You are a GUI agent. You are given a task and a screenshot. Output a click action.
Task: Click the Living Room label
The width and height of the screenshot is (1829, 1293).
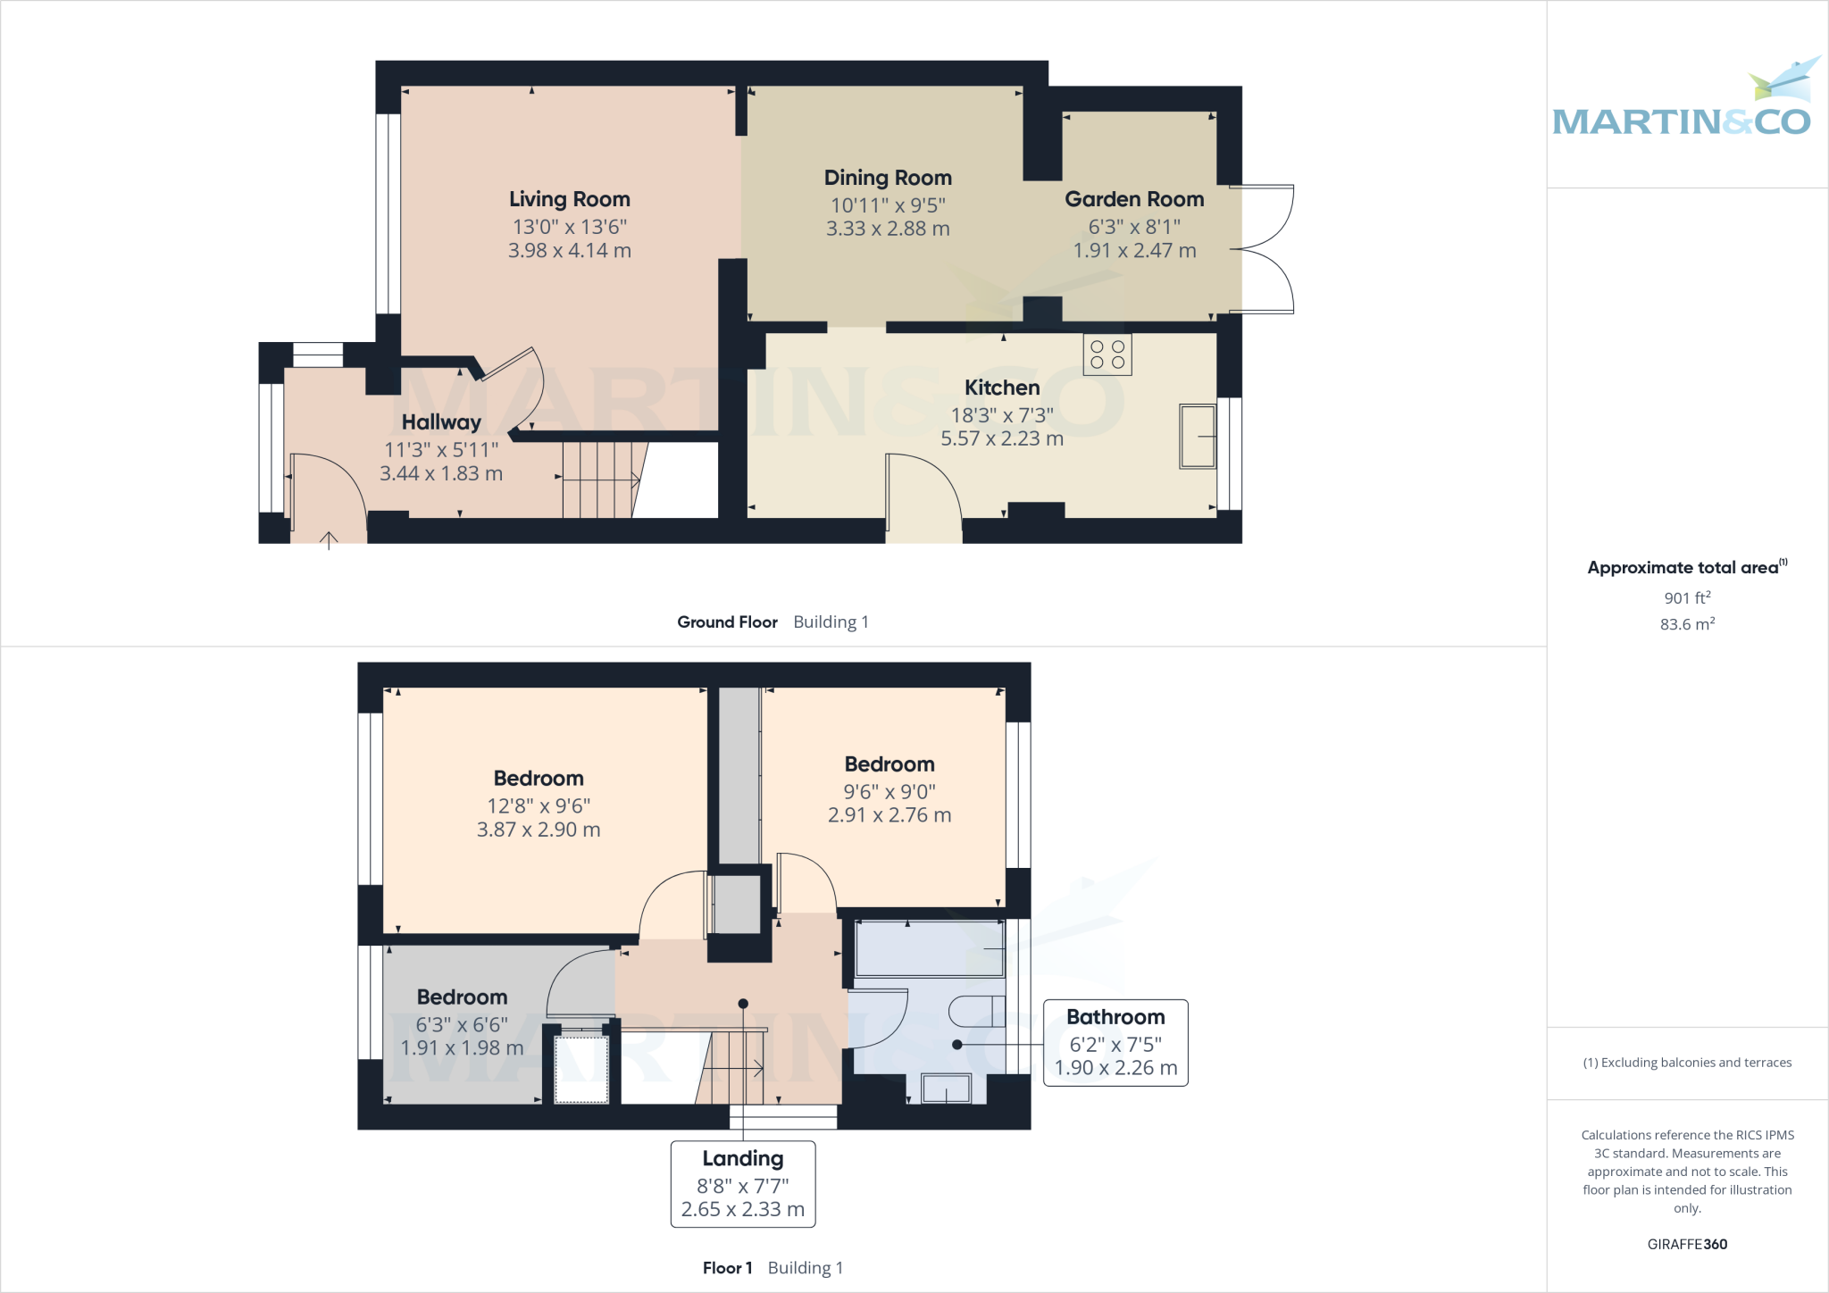[570, 199]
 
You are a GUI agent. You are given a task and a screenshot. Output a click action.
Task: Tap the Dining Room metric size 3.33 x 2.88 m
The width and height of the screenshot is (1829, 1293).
[888, 229]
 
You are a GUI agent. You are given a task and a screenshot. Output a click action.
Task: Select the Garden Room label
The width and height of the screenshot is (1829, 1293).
[1134, 199]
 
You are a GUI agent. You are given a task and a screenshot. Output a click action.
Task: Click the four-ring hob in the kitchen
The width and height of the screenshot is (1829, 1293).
[1107, 354]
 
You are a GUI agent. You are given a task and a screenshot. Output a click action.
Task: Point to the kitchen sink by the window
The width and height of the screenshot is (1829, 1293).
[1198, 436]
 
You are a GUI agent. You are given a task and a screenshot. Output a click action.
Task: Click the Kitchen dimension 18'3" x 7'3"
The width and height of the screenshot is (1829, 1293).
[1002, 415]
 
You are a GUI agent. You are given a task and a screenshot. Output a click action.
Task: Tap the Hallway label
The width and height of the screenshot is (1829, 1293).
[441, 422]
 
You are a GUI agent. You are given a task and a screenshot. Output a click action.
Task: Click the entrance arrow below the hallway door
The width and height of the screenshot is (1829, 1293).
[329, 539]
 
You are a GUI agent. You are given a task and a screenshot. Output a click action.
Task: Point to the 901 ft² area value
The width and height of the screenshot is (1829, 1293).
[1687, 597]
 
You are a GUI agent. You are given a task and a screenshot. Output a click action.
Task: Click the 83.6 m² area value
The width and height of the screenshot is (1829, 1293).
[1687, 624]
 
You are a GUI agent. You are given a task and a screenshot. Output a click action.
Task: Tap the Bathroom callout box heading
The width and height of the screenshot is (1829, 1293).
[1115, 1017]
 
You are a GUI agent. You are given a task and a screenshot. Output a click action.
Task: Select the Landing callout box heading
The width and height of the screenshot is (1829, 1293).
[743, 1158]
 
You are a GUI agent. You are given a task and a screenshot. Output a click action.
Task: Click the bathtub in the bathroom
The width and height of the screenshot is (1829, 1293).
[929, 948]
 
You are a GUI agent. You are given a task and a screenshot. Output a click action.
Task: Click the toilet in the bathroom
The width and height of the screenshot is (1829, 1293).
[975, 1011]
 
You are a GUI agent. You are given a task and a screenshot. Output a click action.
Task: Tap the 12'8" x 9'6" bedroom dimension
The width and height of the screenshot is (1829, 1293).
[539, 806]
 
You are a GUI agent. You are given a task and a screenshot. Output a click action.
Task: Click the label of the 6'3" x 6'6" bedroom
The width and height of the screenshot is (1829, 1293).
[462, 997]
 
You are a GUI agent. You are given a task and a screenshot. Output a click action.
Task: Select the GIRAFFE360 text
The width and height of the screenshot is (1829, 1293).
[1687, 1244]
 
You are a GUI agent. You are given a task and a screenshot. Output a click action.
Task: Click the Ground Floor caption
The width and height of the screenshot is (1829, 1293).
[727, 622]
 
